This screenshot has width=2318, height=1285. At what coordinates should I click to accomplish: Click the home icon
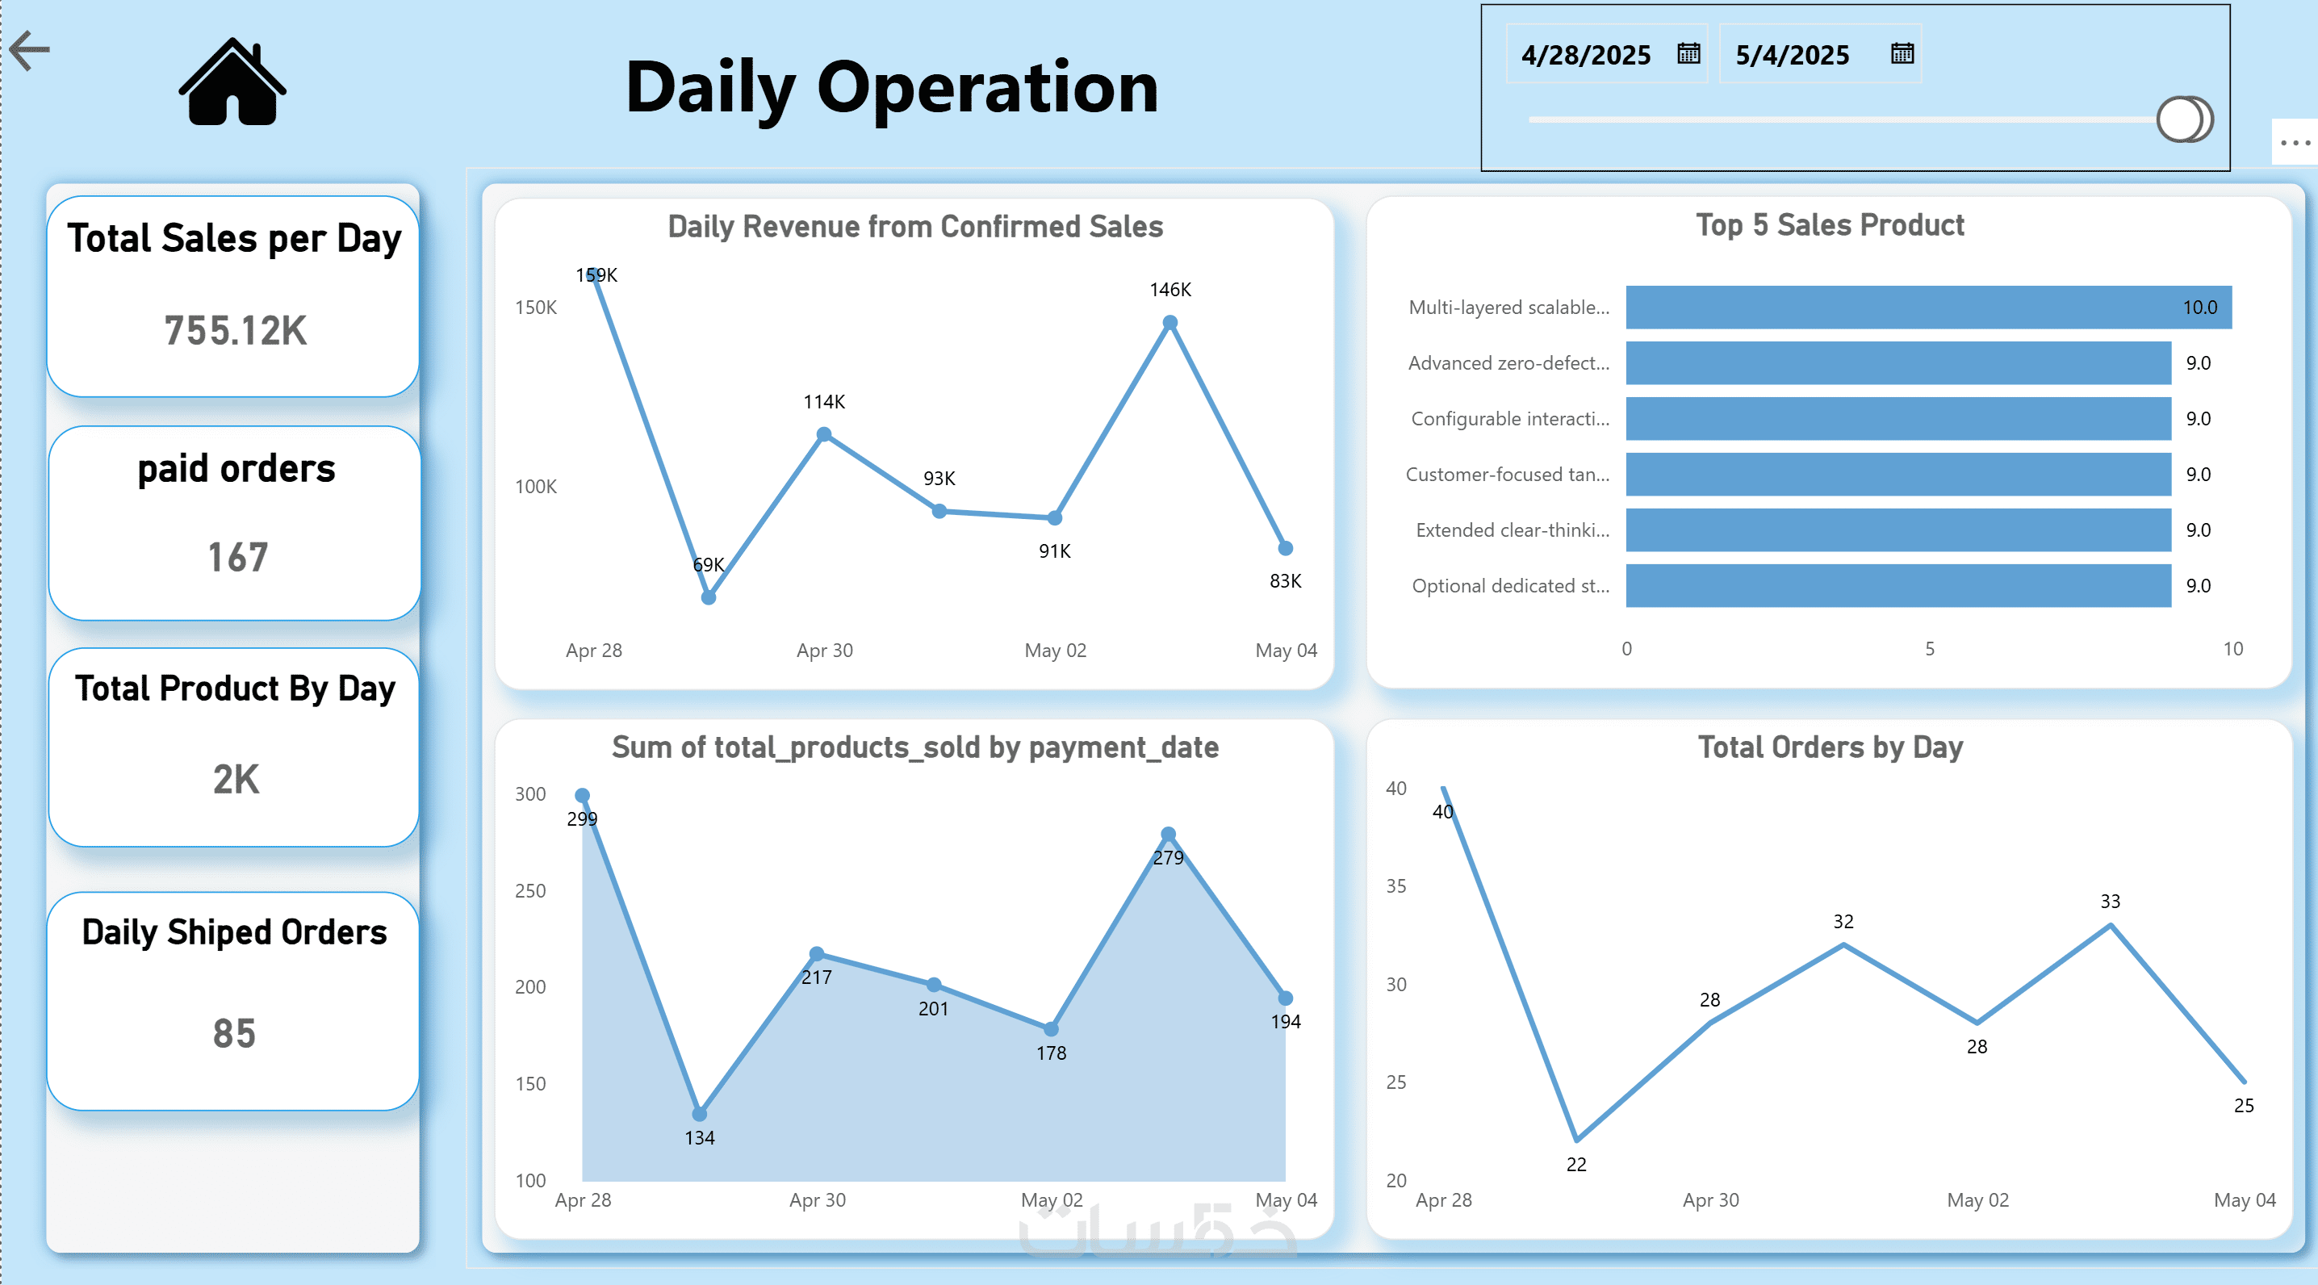(x=232, y=83)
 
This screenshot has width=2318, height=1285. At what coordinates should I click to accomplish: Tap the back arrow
(x=30, y=50)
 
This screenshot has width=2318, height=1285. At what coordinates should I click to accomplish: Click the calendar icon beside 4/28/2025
(x=1688, y=54)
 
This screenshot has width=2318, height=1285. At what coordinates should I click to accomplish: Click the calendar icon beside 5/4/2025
(x=1902, y=54)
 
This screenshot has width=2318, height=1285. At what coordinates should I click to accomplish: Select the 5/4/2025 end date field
(x=1792, y=55)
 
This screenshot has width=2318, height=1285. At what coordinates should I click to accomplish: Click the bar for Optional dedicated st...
(x=1897, y=586)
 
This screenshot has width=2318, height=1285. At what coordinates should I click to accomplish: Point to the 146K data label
(x=1169, y=290)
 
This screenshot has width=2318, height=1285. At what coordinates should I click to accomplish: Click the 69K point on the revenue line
(x=708, y=597)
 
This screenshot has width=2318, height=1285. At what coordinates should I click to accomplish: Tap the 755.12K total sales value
(x=235, y=330)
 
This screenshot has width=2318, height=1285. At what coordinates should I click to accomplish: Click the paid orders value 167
(x=237, y=557)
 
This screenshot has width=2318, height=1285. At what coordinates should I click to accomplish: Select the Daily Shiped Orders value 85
(x=234, y=1033)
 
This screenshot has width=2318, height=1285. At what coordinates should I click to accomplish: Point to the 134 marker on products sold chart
(x=699, y=1115)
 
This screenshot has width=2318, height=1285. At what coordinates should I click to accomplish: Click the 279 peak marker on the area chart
(x=1168, y=834)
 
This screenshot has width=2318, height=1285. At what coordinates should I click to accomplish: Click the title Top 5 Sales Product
(x=1830, y=225)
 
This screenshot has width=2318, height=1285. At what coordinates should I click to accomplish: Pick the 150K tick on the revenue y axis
(x=535, y=308)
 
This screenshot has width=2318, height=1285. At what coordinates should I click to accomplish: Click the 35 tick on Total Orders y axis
(x=1395, y=886)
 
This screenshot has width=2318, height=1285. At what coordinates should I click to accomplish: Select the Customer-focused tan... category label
(x=1507, y=475)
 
